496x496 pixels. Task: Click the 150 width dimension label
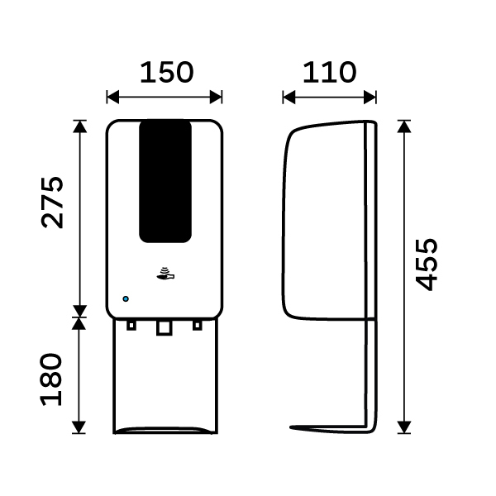click(167, 73)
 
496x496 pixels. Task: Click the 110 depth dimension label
click(330, 73)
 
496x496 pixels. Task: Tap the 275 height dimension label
click(53, 203)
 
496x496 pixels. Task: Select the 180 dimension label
click(51, 379)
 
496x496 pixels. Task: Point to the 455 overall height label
click(427, 265)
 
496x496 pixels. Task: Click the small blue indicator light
click(126, 299)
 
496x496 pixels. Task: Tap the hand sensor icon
click(165, 274)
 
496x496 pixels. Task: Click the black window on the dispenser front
click(165, 182)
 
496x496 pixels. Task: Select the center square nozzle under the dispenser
click(165, 327)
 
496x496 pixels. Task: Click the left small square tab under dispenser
click(131, 325)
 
